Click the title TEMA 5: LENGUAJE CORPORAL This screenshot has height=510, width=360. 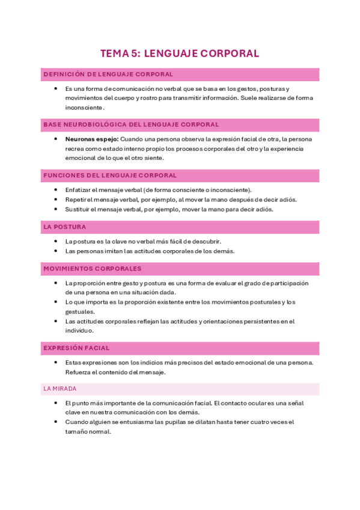(180, 54)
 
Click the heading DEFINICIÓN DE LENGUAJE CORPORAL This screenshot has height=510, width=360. (108, 75)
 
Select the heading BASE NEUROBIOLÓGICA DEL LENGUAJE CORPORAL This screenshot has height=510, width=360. (131, 124)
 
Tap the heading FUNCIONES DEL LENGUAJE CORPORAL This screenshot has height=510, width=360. (110, 176)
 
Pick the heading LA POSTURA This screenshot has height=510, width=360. (65, 227)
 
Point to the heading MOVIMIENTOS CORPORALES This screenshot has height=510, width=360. (93, 268)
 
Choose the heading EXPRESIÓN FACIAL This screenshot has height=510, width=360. (76, 348)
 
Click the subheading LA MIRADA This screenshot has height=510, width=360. (59, 389)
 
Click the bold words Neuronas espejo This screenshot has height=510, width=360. (88, 139)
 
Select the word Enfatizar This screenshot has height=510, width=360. (79, 189)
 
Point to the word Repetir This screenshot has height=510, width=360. (76, 200)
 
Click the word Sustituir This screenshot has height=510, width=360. (78, 209)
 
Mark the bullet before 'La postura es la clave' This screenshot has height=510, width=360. (55, 241)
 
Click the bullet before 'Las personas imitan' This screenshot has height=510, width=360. (55, 251)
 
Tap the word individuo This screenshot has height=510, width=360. (80, 331)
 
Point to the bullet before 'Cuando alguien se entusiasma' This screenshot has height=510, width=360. (55, 422)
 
